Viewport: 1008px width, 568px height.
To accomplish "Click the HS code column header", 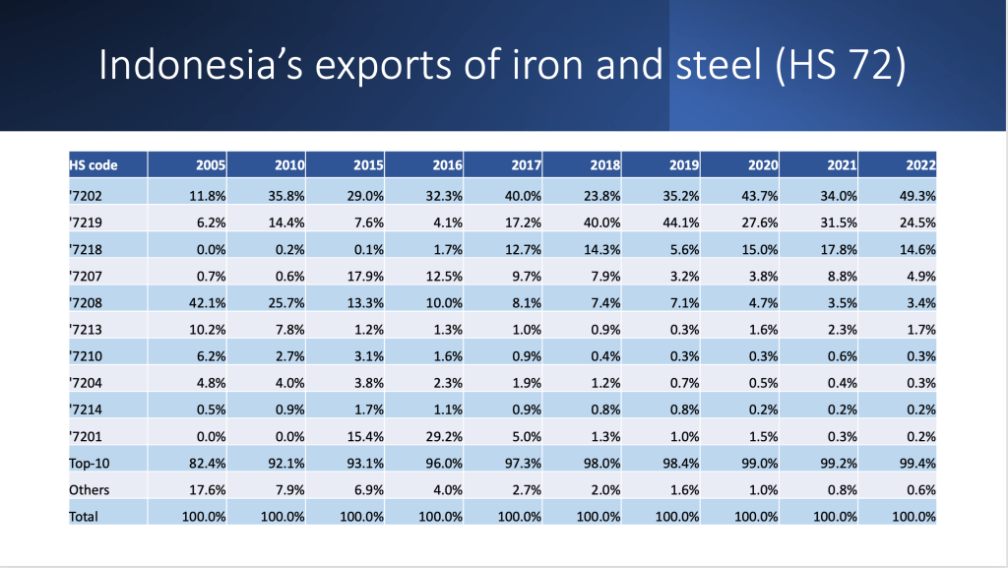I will [x=94, y=165].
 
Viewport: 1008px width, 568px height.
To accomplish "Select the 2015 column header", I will [x=368, y=165].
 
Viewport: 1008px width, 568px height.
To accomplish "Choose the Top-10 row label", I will [x=88, y=463].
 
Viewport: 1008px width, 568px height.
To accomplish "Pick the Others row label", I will [x=90, y=489].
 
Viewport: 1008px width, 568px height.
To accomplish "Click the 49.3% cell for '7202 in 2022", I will [x=914, y=195].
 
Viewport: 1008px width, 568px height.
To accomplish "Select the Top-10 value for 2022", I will [x=914, y=463].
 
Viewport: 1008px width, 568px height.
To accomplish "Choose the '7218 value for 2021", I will [x=836, y=248].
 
